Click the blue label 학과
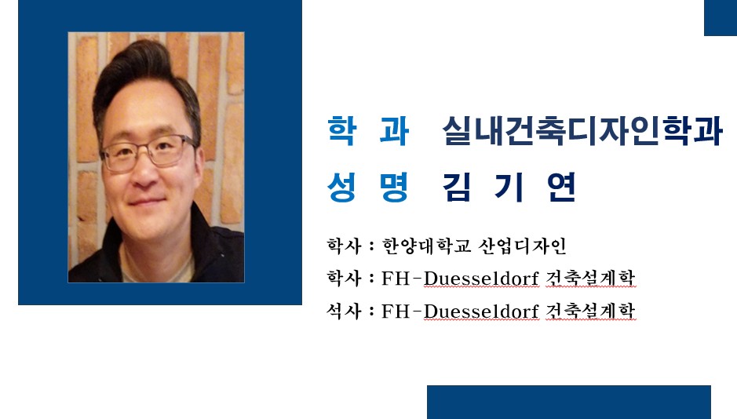click(368, 130)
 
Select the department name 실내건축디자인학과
click(582, 130)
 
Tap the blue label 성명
click(368, 187)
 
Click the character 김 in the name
click(456, 187)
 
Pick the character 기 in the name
click(509, 187)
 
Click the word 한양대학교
click(426, 246)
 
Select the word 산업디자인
click(522, 246)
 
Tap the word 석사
click(344, 311)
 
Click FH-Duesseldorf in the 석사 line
click(460, 312)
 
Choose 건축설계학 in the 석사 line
click(591, 311)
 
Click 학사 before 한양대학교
click(344, 246)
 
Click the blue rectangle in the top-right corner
click(721, 18)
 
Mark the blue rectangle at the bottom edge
click(569, 402)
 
